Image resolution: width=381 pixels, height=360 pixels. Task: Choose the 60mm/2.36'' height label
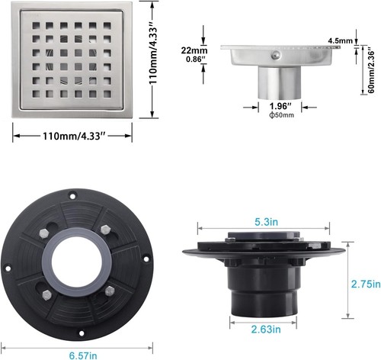(x=369, y=71)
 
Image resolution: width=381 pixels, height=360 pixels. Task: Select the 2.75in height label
(x=365, y=283)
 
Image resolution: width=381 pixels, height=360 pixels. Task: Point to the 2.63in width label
(x=264, y=329)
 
